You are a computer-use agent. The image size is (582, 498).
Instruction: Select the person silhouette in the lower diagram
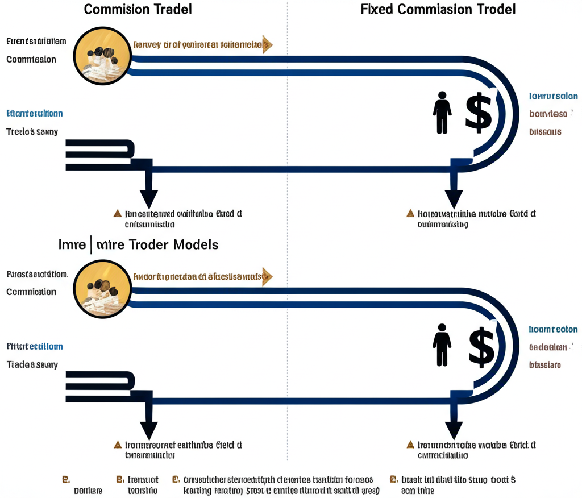click(x=442, y=346)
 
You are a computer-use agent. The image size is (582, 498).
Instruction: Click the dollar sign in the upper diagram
click(x=479, y=111)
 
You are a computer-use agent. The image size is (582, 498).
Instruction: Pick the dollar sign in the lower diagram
click(x=481, y=346)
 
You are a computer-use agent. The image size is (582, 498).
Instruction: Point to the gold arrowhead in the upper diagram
click(x=267, y=45)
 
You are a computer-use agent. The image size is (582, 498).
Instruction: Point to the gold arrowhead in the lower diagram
click(x=267, y=277)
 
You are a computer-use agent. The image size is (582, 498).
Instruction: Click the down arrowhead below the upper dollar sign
click(x=454, y=198)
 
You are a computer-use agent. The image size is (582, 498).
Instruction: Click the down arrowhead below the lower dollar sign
click(x=454, y=429)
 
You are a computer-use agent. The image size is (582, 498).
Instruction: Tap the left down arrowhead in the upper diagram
click(x=149, y=197)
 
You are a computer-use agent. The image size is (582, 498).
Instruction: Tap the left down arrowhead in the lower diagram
click(x=149, y=429)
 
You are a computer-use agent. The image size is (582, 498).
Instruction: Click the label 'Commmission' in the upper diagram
click(x=31, y=59)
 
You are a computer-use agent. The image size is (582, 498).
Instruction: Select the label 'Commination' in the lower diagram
click(x=31, y=292)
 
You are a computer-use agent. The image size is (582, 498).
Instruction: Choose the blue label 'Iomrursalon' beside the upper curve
click(x=553, y=96)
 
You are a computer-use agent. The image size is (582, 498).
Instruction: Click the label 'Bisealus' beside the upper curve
click(x=545, y=131)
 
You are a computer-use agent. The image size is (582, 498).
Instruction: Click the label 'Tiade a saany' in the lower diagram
click(x=32, y=364)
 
